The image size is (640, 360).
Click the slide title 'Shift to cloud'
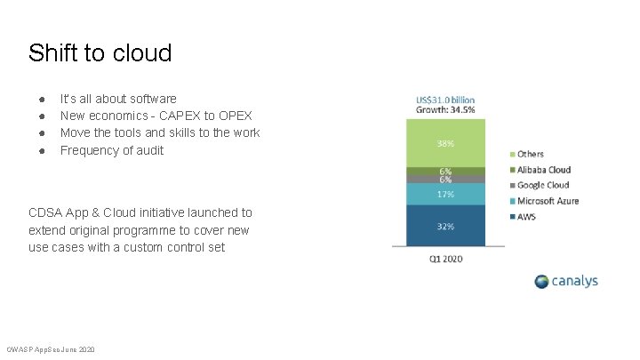(100, 53)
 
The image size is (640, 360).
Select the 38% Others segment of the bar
(445, 143)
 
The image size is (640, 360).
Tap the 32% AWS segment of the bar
(445, 226)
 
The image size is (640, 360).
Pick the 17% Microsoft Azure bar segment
(445, 194)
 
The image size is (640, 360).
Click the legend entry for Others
(530, 154)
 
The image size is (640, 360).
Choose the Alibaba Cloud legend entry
(543, 170)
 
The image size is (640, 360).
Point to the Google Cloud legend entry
(542, 185)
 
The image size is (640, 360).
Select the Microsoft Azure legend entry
(548, 201)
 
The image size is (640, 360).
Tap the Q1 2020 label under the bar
(445, 259)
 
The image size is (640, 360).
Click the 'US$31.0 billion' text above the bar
(445, 100)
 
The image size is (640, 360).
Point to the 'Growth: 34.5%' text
(445, 110)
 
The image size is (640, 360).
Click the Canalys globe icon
(543, 282)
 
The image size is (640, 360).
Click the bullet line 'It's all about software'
(118, 99)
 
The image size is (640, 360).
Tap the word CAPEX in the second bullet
(184, 116)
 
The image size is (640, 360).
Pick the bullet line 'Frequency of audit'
(112, 149)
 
